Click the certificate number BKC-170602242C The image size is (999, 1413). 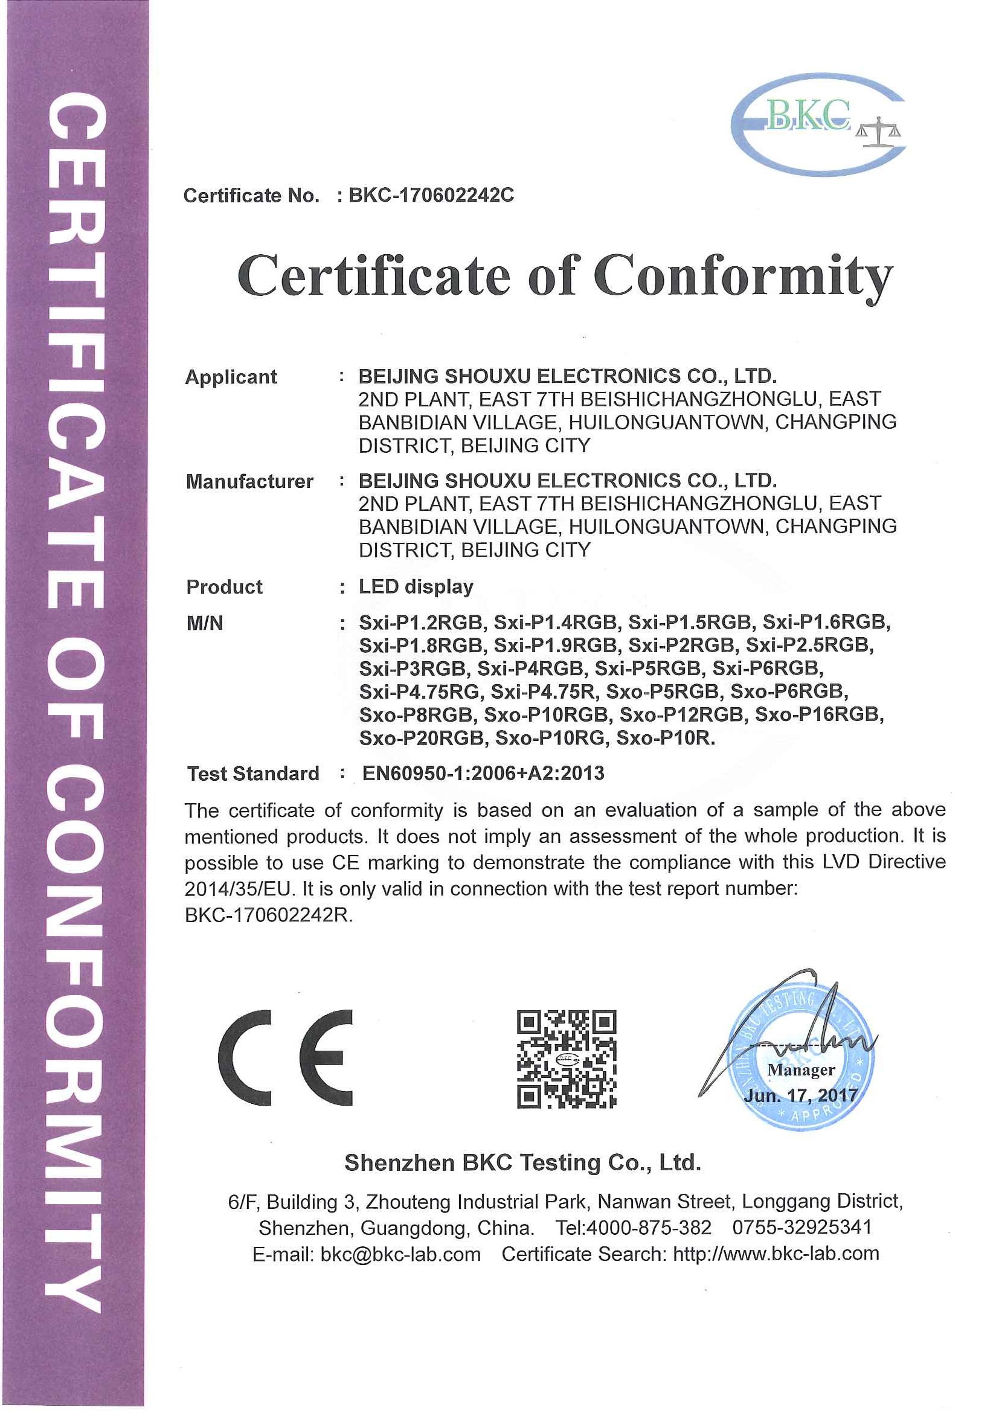click(x=431, y=195)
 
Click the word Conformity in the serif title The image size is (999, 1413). click(x=743, y=277)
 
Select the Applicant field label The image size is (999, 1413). click(x=231, y=377)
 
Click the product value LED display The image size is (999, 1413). click(x=416, y=586)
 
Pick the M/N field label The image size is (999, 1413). click(x=204, y=623)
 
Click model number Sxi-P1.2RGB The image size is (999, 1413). click(x=422, y=622)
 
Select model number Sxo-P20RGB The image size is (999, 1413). click(x=422, y=738)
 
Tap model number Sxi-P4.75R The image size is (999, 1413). click(x=544, y=692)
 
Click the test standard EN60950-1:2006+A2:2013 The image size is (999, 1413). click(x=483, y=773)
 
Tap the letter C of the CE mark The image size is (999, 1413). click(x=246, y=1058)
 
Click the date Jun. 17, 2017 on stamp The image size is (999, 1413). click(x=801, y=1095)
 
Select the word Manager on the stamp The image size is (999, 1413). click(x=801, y=1070)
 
